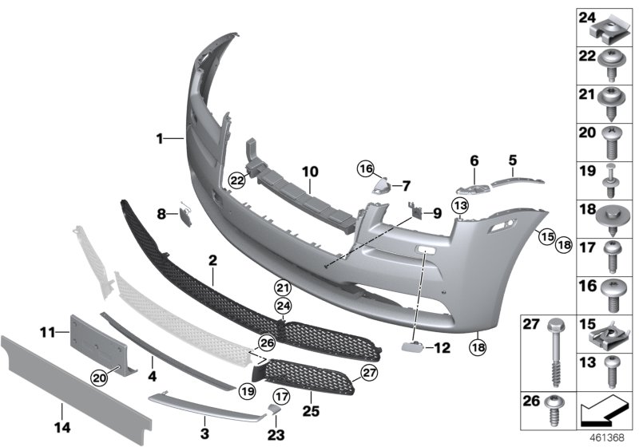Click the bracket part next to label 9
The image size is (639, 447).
(x=415, y=212)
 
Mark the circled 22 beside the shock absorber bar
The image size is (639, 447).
(x=236, y=180)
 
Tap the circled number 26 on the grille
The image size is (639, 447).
(x=266, y=344)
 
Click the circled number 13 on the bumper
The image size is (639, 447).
(x=460, y=206)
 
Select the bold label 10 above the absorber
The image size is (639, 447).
(x=309, y=171)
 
